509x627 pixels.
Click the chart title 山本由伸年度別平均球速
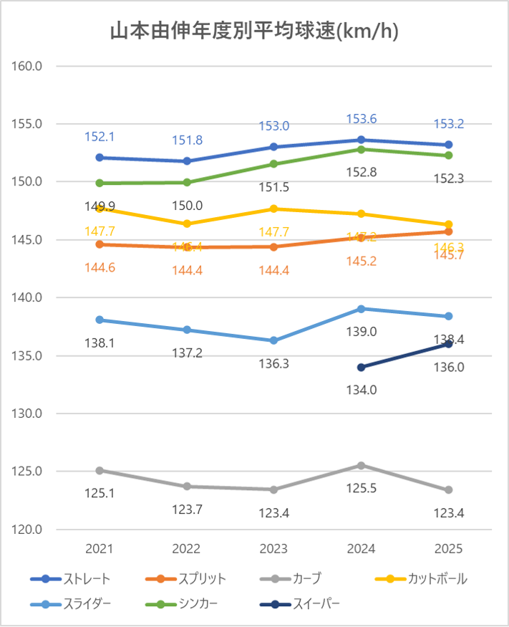pyautogui.click(x=254, y=32)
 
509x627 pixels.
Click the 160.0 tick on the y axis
pyautogui.click(x=29, y=66)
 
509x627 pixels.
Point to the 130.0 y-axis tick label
pyautogui.click(x=29, y=413)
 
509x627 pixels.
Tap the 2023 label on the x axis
pyautogui.click(x=274, y=549)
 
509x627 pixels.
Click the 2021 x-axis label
pyautogui.click(x=100, y=549)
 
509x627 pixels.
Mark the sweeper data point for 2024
pyautogui.click(x=362, y=367)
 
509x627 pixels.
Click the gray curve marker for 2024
pyautogui.click(x=362, y=466)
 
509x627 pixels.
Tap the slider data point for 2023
pyautogui.click(x=274, y=340)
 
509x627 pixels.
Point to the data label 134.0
pyautogui.click(x=362, y=390)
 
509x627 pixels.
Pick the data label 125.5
pyautogui.click(x=362, y=489)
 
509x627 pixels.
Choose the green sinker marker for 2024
pyautogui.click(x=362, y=149)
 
